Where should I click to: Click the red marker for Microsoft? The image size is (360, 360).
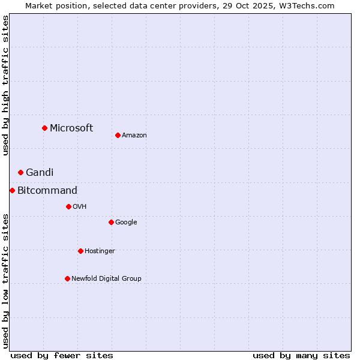pos(44,128)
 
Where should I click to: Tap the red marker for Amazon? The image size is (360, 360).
pos(118,135)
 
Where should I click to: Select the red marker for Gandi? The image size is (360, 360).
pos(20,172)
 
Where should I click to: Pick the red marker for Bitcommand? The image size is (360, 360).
pos(12,190)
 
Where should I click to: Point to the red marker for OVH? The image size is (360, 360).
pos(68,206)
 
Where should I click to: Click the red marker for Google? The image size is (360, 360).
pos(111,222)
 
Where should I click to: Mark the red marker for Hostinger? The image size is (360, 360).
pos(80,251)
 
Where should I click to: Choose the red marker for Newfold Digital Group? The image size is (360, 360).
pos(67,278)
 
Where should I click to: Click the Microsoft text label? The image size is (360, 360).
pos(71,128)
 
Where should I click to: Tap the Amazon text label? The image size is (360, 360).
pos(134,135)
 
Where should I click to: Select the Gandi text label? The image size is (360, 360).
pos(40,172)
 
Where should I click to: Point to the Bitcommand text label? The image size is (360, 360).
pos(47,191)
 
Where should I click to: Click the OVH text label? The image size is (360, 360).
pos(80,206)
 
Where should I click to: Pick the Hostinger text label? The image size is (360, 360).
pos(100,251)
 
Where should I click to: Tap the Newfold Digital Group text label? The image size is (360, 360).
pos(106,278)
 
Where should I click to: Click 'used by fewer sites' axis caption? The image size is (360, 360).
pos(62,355)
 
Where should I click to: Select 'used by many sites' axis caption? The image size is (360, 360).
pos(301,355)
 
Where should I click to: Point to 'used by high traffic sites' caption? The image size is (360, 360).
pos(5,86)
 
